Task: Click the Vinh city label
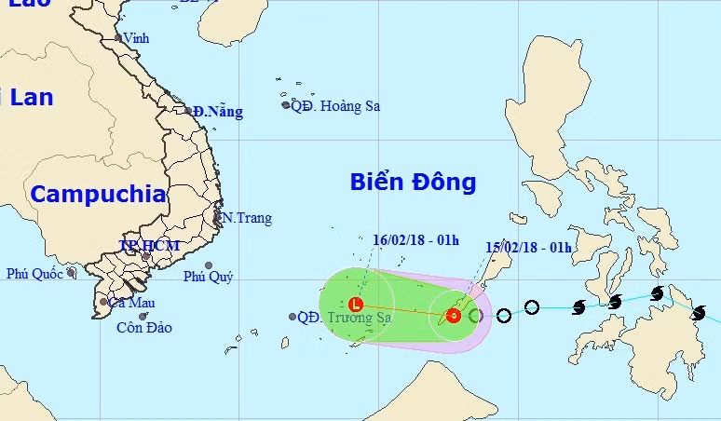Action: click(x=137, y=39)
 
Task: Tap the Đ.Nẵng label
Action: click(x=219, y=112)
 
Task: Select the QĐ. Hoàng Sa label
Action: click(x=335, y=106)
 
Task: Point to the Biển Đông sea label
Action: click(x=413, y=182)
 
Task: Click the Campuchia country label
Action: click(x=98, y=195)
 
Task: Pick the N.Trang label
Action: click(x=247, y=218)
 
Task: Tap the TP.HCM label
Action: click(x=149, y=246)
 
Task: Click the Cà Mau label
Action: click(x=129, y=303)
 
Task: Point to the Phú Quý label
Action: click(x=208, y=276)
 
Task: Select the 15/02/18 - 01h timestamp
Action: click(x=528, y=246)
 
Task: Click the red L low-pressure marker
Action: click(x=355, y=304)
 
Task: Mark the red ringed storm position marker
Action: click(x=453, y=316)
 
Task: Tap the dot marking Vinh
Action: click(x=118, y=38)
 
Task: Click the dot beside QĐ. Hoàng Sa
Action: click(x=286, y=105)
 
